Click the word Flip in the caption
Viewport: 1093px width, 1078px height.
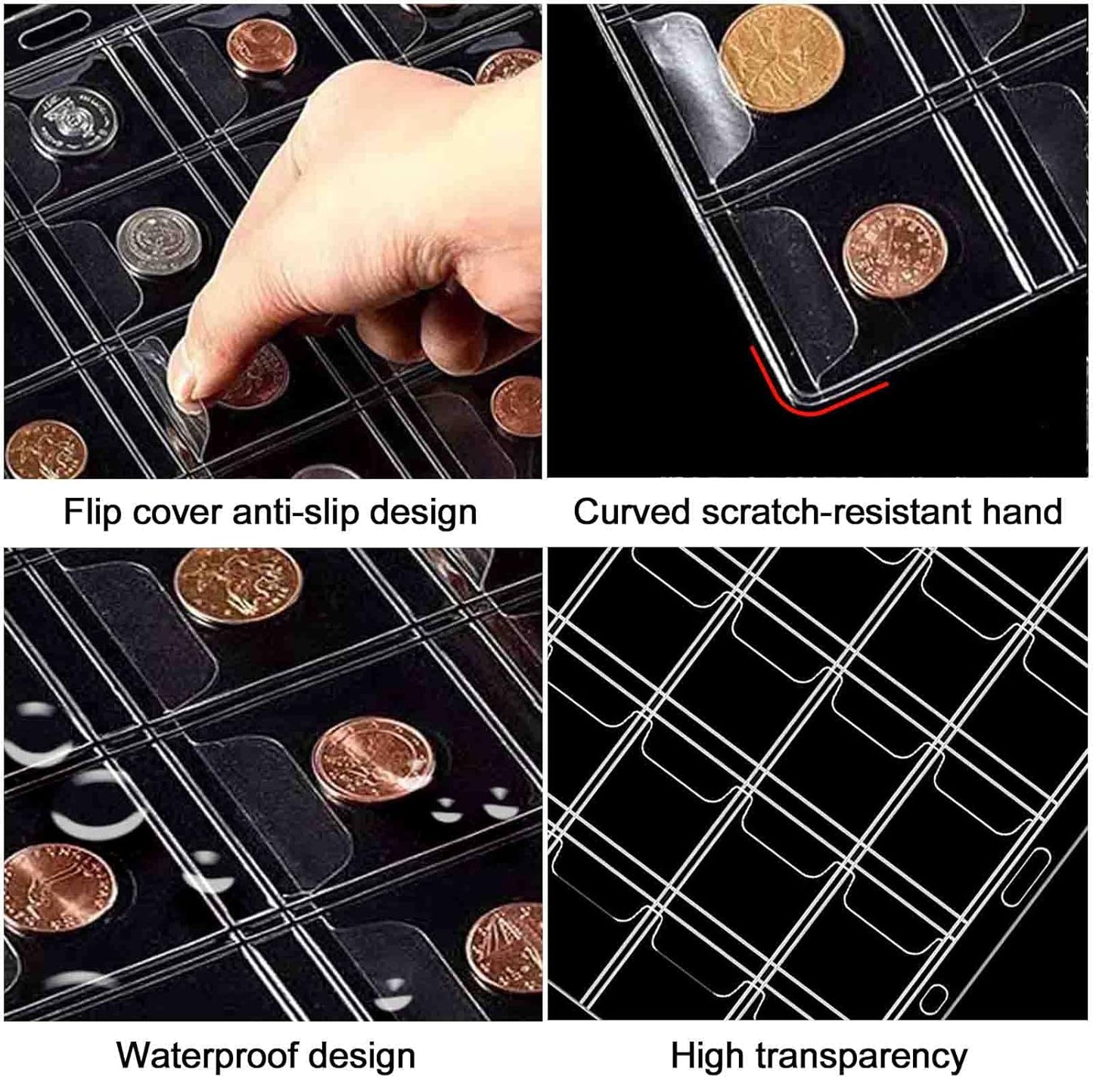[x=92, y=511]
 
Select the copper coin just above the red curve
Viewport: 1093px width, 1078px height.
[x=895, y=250]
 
